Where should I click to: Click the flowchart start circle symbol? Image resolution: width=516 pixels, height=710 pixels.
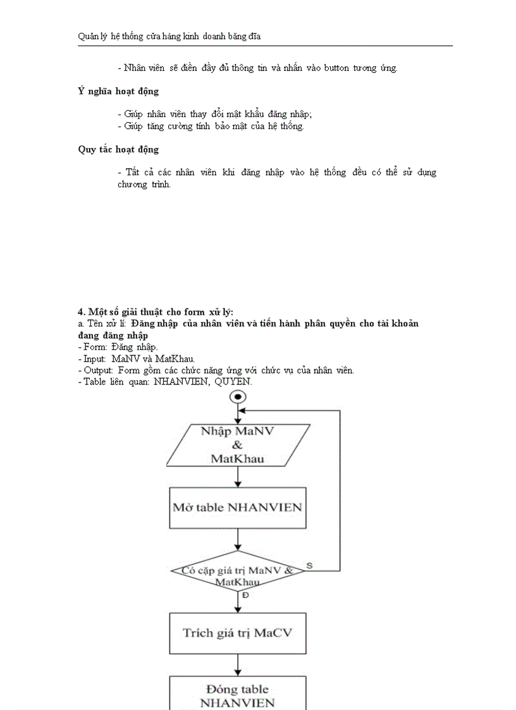coord(238,397)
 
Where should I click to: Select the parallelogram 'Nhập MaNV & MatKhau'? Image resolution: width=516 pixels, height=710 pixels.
coord(238,445)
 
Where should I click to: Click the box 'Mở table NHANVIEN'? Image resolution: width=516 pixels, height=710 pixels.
coord(238,507)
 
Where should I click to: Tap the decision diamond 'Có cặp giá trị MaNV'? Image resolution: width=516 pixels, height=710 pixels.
coord(238,571)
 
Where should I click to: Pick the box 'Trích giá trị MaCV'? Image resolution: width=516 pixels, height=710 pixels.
coord(238,633)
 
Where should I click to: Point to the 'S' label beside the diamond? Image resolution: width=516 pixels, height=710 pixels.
coord(309,564)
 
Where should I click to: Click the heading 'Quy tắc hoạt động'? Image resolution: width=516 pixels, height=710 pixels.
coord(118,150)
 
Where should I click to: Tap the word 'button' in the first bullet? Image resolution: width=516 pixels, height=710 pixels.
coord(341,68)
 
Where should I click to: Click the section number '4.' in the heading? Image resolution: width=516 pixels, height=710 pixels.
coord(82,312)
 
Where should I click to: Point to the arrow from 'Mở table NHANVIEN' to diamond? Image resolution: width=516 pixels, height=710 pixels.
coord(238,539)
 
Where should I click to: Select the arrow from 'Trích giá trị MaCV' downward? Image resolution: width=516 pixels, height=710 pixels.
coord(238,665)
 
